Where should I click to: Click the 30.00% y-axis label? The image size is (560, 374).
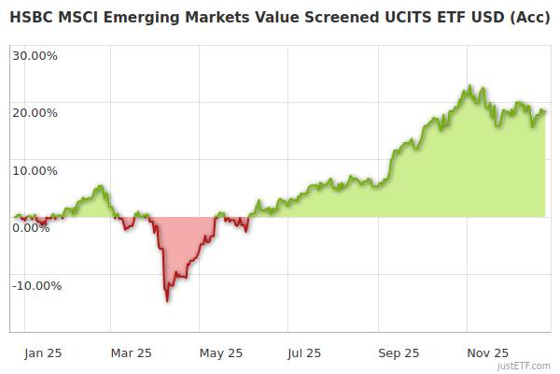click(35, 55)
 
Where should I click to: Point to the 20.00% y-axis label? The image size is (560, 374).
click(35, 113)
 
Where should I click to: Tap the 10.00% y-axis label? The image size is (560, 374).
click(35, 171)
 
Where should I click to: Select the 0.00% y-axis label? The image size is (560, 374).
click(31, 228)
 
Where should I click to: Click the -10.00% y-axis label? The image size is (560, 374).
click(36, 286)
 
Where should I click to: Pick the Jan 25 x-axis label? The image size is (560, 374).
click(44, 353)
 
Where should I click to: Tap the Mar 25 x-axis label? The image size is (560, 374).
click(131, 353)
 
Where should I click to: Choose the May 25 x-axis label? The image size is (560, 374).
click(221, 353)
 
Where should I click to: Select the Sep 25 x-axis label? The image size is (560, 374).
click(398, 353)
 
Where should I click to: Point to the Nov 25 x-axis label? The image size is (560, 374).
click(487, 353)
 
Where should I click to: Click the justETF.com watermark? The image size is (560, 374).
click(525, 366)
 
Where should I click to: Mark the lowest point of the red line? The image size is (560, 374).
click(167, 300)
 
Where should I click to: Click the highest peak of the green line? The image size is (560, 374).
click(469, 86)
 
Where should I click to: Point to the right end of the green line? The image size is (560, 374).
click(546, 113)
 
